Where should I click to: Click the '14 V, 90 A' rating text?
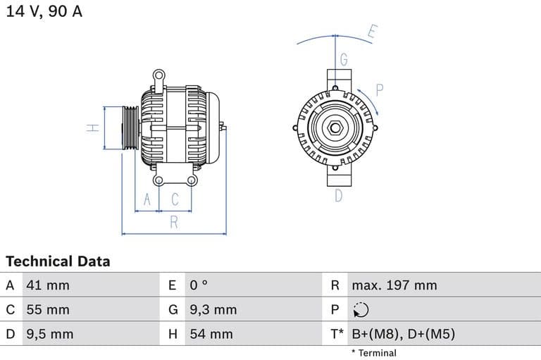[x=44, y=12]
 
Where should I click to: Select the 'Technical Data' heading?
[x=58, y=261]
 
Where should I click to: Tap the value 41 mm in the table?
[x=48, y=285]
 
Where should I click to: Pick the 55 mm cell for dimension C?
[x=48, y=309]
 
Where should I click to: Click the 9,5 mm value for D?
[x=49, y=334]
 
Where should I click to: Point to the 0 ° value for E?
[x=199, y=285]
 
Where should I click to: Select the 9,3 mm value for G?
[x=213, y=309]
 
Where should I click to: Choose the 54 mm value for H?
[x=211, y=334]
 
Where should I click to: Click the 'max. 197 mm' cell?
[x=394, y=285]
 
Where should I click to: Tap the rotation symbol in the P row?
[x=360, y=310]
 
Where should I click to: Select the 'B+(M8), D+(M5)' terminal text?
[x=403, y=334]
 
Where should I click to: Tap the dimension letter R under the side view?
[x=173, y=223]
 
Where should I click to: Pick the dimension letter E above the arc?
[x=373, y=31]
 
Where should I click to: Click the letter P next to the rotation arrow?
[x=380, y=89]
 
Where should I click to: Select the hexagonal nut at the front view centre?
[x=335, y=128]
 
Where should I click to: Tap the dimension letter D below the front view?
[x=338, y=196]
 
